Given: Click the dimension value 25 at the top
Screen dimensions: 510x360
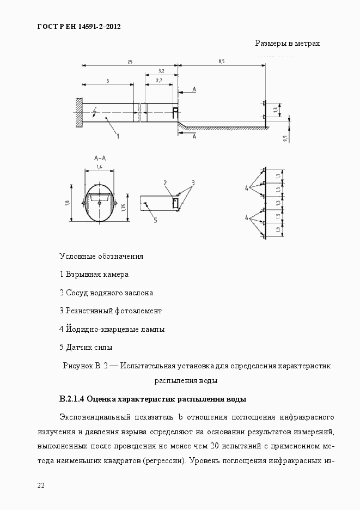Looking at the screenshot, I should tap(130, 62).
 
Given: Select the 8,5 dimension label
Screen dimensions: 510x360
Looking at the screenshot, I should tap(221, 62).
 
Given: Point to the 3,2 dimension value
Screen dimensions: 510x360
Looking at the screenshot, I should tap(161, 71).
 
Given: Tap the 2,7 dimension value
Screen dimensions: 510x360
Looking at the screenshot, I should tap(158, 80).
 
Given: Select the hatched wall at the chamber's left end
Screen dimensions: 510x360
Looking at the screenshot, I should tap(79, 113).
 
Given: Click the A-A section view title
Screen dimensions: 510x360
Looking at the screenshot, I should tap(99, 158).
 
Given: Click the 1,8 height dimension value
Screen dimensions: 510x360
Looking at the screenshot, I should tap(68, 203).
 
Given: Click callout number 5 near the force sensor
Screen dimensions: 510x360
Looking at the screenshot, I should tap(155, 220).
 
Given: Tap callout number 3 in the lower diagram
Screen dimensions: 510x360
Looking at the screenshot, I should tap(192, 181).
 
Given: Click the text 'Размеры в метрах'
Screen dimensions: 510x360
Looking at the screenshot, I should tap(287, 43).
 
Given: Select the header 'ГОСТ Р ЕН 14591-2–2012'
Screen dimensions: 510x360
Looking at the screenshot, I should tap(78, 26).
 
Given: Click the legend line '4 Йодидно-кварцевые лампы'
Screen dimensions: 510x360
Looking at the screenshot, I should tap(112, 329).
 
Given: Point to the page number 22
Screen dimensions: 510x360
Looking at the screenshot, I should tap(41, 485).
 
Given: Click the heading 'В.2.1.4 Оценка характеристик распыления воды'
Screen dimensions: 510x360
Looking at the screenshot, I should tap(153, 399).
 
